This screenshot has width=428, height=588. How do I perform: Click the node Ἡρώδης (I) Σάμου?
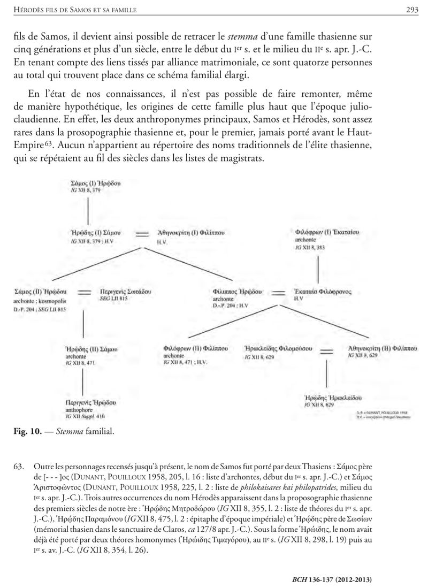tap(96, 233)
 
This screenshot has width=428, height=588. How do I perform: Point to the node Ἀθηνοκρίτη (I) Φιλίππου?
tap(190, 234)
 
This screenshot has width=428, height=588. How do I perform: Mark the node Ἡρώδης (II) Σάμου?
tap(91, 349)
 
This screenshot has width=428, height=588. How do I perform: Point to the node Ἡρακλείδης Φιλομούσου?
tap(278, 348)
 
